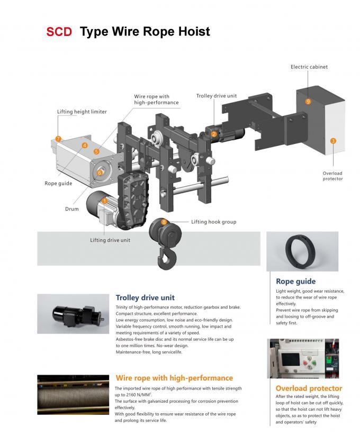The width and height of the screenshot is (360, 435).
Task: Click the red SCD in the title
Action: (x=59, y=32)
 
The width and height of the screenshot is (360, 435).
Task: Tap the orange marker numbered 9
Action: (x=308, y=101)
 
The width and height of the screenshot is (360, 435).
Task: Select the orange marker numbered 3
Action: (x=332, y=141)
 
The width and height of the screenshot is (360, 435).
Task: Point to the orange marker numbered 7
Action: (x=59, y=139)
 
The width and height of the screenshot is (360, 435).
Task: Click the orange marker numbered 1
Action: (x=105, y=201)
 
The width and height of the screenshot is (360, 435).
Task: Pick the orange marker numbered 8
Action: (x=164, y=222)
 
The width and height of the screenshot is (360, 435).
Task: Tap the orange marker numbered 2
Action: (x=214, y=134)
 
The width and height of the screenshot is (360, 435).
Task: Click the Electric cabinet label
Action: (x=309, y=67)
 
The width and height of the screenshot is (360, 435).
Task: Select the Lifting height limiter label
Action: (x=82, y=112)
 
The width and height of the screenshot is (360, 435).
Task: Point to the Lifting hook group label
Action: (x=213, y=222)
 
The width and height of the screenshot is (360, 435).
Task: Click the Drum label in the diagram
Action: (x=72, y=209)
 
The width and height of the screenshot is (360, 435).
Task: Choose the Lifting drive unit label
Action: (x=110, y=240)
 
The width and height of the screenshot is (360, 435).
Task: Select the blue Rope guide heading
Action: (x=295, y=282)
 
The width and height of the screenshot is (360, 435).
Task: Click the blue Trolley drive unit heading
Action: (x=145, y=297)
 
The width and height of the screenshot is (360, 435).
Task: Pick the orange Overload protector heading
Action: (x=309, y=388)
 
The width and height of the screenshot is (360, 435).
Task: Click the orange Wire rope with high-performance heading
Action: (x=174, y=378)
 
